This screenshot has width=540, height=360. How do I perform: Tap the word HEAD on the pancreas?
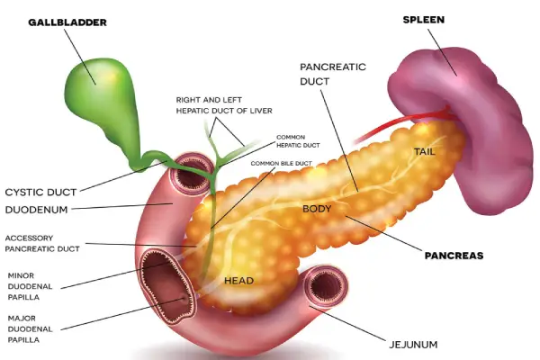(238, 281)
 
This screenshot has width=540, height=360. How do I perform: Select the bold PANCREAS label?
(454, 256)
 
